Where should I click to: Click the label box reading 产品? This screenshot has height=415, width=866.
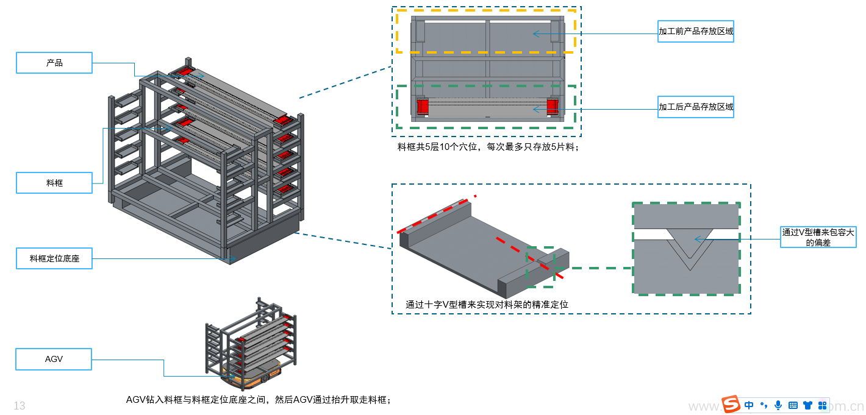click(54, 63)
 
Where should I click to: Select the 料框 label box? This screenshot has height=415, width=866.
click(54, 183)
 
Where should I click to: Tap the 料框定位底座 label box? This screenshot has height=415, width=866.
click(54, 258)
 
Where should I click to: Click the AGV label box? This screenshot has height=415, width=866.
click(54, 359)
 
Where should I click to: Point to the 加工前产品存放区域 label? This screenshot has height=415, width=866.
click(695, 31)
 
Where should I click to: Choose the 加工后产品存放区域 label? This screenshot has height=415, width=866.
click(695, 107)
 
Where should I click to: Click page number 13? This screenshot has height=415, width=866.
click(20, 406)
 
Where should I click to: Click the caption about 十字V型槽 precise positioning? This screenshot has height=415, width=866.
click(487, 304)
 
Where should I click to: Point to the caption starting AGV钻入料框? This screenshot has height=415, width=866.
click(258, 400)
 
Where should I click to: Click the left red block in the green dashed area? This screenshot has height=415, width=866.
click(423, 107)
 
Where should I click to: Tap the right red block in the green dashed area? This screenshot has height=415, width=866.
click(552, 107)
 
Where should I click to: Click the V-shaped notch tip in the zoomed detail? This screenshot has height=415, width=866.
click(689, 269)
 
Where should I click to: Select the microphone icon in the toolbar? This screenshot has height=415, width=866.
click(778, 405)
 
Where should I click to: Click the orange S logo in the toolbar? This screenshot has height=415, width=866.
click(731, 405)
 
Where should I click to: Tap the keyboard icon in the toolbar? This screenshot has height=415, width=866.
click(793, 405)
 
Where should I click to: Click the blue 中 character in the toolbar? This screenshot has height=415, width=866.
click(749, 405)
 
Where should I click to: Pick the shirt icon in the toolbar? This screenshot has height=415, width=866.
click(807, 405)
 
